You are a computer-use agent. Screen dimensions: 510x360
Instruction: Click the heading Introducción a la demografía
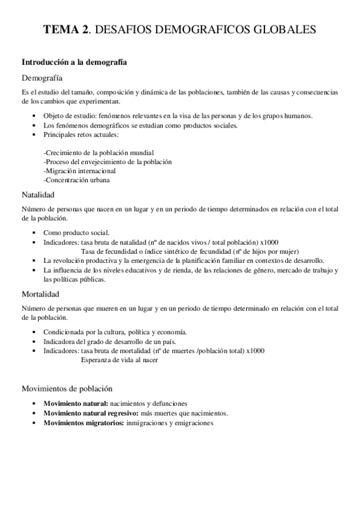tap(74, 62)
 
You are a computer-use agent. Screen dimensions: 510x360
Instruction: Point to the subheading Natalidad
tap(38, 195)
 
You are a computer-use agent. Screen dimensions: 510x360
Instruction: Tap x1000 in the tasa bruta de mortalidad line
tap(255, 351)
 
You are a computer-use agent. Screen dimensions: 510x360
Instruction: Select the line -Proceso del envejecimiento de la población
tap(108, 161)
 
